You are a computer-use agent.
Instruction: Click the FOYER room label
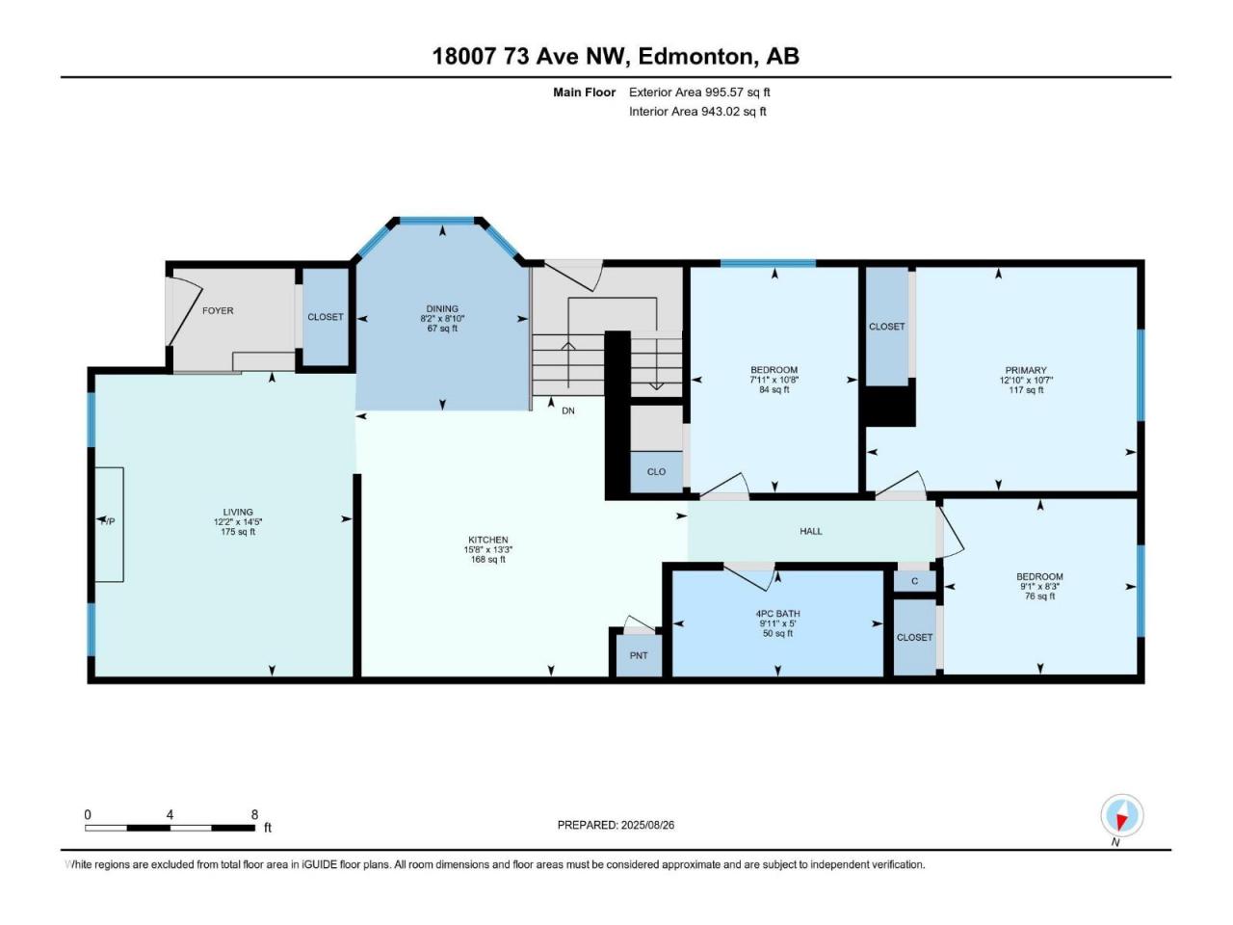218,310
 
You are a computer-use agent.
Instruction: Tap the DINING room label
442,308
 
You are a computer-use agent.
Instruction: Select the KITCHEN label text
488,540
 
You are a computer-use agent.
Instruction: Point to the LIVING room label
238,512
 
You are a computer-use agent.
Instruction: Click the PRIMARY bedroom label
1026,370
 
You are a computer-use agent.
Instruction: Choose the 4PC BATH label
777,614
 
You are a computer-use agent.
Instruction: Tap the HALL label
810,531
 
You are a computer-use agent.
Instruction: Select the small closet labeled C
914,581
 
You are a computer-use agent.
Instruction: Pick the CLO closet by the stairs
656,472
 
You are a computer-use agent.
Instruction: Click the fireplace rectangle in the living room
109,524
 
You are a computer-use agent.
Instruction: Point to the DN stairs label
568,410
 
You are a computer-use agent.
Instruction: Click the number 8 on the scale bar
254,815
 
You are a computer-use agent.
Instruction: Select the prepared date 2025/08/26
647,825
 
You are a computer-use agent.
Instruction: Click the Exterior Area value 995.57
721,92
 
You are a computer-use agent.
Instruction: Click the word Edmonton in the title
695,56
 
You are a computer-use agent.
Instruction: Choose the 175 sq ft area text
238,531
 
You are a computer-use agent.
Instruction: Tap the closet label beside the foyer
326,317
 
